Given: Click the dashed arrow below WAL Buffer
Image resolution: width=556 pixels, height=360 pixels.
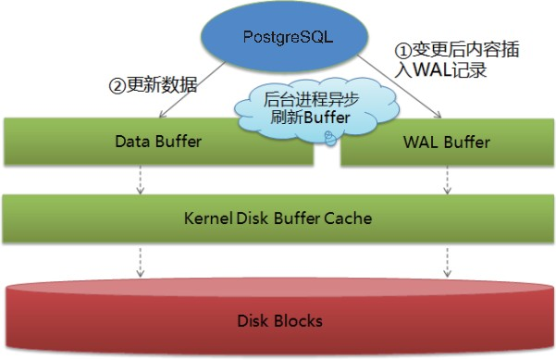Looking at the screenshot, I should (448, 181).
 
